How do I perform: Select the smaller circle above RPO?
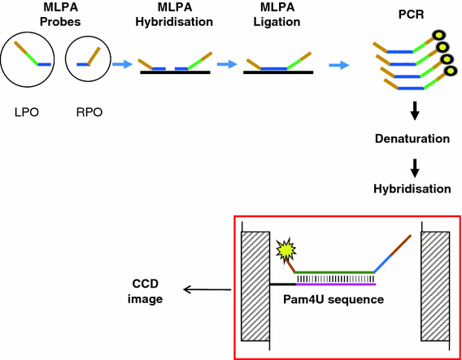coord(87,59)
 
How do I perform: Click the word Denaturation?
coord(411,138)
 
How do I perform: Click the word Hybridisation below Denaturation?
coord(411,189)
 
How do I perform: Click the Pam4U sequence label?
coord(336,300)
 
